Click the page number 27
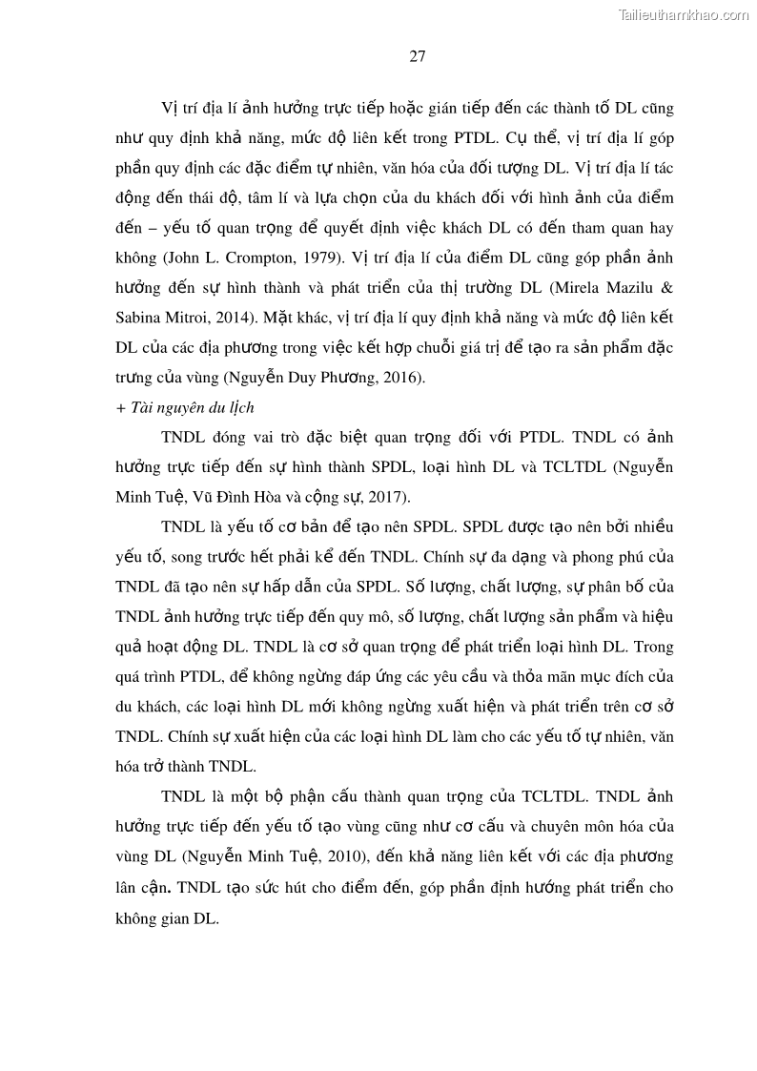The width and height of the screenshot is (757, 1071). coord(417,55)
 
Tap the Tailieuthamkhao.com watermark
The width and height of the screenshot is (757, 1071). coord(684,14)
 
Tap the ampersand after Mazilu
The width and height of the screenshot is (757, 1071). coord(666,287)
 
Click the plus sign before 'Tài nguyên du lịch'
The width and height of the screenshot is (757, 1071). coord(119,408)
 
